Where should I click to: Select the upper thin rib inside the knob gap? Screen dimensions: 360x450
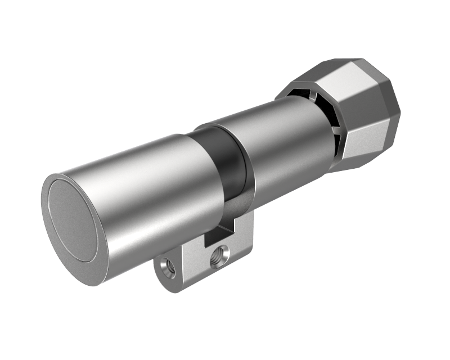pos(318,99)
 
